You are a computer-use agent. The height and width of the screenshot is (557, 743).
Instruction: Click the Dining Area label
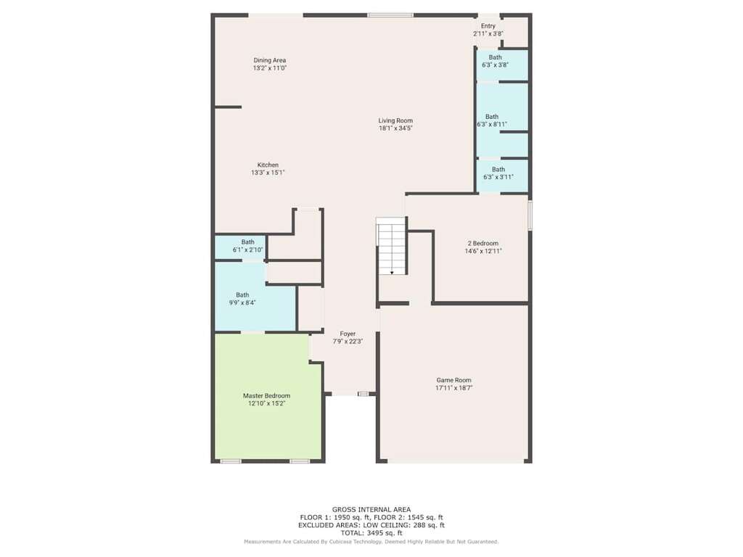(x=270, y=60)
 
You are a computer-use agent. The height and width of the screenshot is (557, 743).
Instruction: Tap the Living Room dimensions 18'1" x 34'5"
(x=395, y=128)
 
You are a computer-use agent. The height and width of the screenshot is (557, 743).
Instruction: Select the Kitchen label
(x=268, y=165)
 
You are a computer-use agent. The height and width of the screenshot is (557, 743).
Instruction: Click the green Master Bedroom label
(x=266, y=395)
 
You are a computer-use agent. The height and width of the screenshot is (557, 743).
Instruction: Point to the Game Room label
(x=454, y=380)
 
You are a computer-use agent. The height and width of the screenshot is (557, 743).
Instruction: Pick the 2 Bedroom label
(x=483, y=244)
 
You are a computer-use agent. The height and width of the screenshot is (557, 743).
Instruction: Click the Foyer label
(x=348, y=334)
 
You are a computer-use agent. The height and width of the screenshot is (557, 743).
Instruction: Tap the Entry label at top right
(x=488, y=26)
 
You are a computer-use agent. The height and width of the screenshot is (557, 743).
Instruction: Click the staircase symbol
(x=391, y=246)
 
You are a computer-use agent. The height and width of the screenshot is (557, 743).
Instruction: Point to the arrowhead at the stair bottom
(x=393, y=273)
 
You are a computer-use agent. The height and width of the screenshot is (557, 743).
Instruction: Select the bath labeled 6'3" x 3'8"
(x=495, y=61)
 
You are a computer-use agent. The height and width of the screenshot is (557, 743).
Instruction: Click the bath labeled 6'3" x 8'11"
(x=492, y=120)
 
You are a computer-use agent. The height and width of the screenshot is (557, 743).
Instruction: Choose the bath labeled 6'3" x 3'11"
(x=498, y=173)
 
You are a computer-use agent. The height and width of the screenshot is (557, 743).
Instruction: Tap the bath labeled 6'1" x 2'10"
(x=248, y=246)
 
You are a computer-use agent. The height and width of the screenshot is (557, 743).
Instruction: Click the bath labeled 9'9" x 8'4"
(x=242, y=299)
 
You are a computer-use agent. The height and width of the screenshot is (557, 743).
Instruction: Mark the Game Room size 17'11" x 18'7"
(x=454, y=388)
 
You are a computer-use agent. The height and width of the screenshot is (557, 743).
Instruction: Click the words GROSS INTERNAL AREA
(x=371, y=510)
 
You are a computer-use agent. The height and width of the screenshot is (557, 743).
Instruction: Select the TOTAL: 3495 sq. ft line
(x=371, y=533)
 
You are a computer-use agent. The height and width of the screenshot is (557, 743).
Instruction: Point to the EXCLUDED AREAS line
(x=371, y=525)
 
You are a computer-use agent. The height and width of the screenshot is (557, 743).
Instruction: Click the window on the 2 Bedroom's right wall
(x=530, y=215)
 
